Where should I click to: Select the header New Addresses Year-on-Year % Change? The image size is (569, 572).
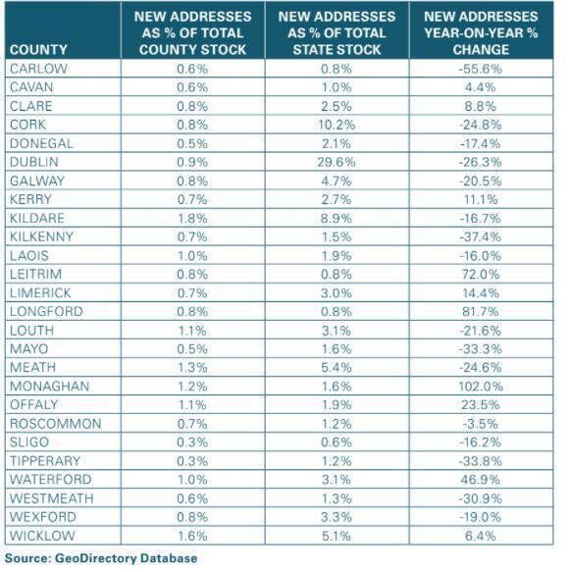coord(481,32)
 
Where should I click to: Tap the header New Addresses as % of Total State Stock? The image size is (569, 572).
coord(336,32)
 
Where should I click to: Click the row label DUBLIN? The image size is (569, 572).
coord(33,161)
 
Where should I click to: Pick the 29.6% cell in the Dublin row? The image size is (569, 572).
coord(336,161)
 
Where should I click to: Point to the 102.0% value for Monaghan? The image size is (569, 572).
coord(481,386)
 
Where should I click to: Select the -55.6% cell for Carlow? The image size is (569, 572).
coord(481,68)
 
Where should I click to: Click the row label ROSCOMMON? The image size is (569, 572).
coord(54,423)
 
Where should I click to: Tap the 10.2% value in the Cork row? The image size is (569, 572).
coord(336,124)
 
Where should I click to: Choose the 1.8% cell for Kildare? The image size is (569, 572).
coord(192,217)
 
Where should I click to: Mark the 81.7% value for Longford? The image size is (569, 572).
coord(481,311)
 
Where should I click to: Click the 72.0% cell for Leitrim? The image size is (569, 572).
coord(481,274)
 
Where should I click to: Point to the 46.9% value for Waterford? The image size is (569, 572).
coord(481,480)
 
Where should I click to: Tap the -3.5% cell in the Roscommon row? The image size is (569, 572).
coord(481,423)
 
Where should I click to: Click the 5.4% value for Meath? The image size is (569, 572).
coord(336,367)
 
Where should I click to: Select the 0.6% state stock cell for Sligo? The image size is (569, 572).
coord(336,442)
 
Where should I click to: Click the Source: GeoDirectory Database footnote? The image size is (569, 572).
coord(100,558)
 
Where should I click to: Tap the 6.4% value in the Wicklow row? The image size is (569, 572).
coord(481,536)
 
